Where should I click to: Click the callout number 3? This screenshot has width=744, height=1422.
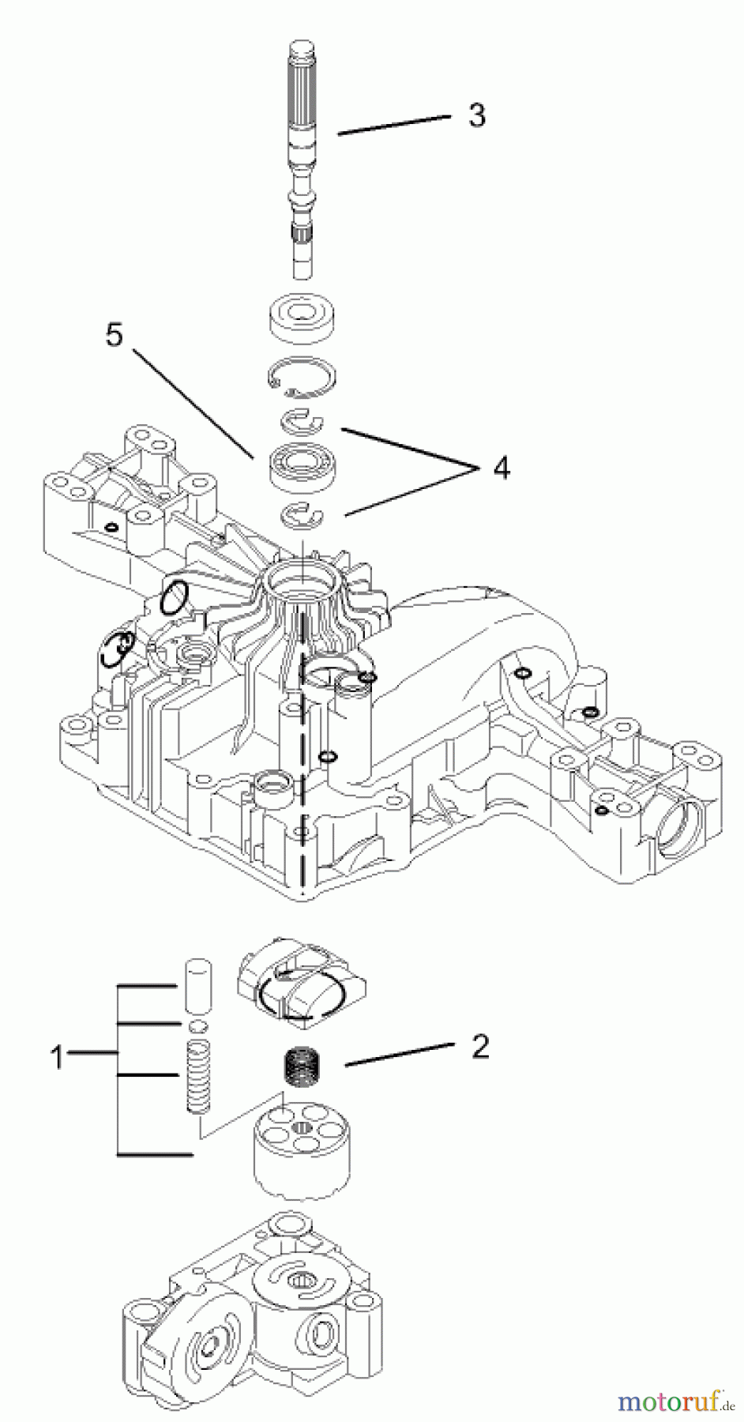click(476, 115)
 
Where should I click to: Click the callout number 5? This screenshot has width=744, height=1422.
click(115, 335)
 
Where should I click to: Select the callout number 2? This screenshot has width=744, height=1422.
click(479, 1048)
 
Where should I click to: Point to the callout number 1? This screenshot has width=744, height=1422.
click(57, 1056)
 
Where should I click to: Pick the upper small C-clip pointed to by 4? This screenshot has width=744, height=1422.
click(303, 421)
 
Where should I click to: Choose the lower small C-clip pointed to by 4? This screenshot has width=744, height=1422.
click(303, 514)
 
